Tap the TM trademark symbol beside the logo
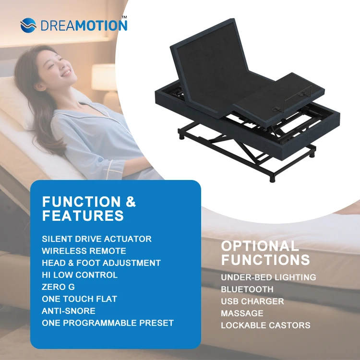pos(124,17)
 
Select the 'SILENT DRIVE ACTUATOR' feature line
pos(96,239)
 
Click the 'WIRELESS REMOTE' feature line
pos(84,251)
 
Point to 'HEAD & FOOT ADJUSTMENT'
pos(101,263)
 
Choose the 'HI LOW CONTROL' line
pos(80,275)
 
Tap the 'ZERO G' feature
pos(58,287)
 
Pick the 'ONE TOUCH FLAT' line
pos(79,299)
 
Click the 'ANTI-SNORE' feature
pos(69,311)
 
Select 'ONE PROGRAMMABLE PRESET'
pos(108,323)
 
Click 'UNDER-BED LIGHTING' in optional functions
pos(268,277)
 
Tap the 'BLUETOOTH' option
pos(247,289)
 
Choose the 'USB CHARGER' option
pos(252,301)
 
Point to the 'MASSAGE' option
pos(242,313)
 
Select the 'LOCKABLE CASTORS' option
pos(265,325)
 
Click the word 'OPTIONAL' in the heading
pos(260,247)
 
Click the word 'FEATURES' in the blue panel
pos(83,216)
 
